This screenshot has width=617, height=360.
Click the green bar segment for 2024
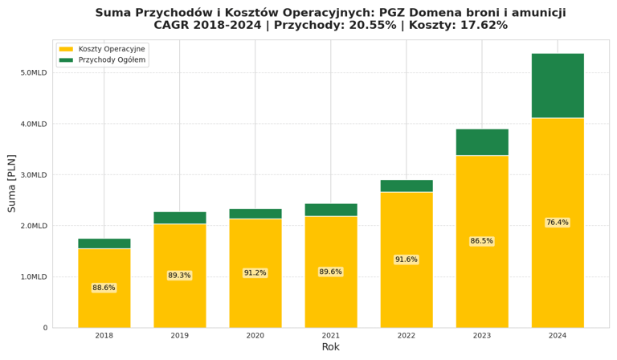[x=557, y=86]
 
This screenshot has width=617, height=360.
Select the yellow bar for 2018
[x=104, y=305]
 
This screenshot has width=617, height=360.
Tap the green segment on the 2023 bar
[x=482, y=142]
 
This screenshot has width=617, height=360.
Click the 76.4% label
[x=557, y=223]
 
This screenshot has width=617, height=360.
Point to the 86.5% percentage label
[x=482, y=241]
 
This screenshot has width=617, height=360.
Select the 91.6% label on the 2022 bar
[x=406, y=260]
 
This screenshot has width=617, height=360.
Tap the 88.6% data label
[x=104, y=288]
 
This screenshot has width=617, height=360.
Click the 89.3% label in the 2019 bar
[x=179, y=276]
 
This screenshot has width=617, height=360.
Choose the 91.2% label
[x=255, y=273]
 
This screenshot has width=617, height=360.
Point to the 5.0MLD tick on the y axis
[x=34, y=73]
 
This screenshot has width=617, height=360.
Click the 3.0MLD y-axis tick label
[x=34, y=175]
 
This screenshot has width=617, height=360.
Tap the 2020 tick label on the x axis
[x=255, y=336]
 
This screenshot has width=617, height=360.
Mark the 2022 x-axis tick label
[x=406, y=336]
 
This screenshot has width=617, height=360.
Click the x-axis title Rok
[x=330, y=347]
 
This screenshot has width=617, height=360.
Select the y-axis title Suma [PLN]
[x=12, y=183]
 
